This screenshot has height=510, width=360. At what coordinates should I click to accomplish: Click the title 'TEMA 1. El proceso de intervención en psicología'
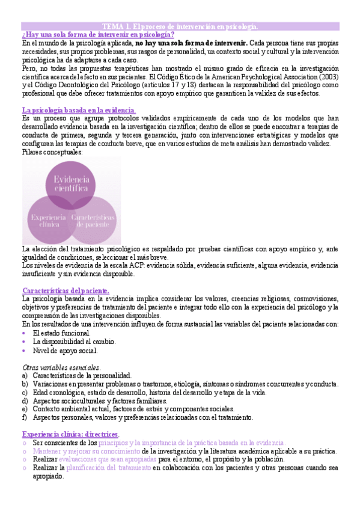click(180, 26)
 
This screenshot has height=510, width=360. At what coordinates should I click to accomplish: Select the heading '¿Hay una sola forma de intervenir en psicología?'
click(97, 35)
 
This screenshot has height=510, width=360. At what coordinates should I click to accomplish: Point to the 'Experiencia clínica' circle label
click(45, 220)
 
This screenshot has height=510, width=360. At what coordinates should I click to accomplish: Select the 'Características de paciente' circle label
click(93, 220)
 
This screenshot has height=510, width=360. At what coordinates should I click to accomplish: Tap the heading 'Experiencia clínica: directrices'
click(70, 434)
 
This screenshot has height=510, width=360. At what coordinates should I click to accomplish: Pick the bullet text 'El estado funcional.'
click(62, 333)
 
